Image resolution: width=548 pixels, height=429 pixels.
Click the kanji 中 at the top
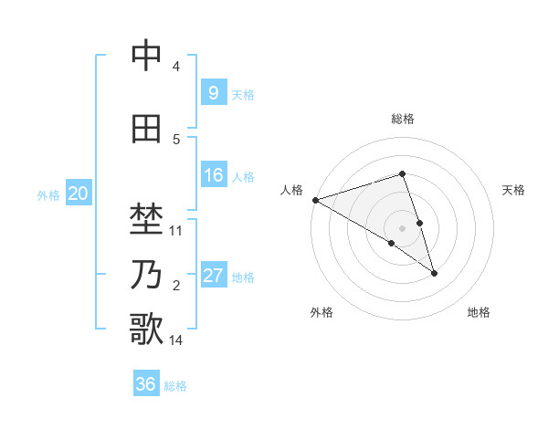(x=146, y=57)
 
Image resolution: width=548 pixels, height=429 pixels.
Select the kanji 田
(x=146, y=129)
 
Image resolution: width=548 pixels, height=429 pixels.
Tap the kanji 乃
(x=146, y=274)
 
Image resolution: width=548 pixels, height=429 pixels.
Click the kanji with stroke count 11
(x=146, y=220)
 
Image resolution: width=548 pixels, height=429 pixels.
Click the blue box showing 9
(x=213, y=92)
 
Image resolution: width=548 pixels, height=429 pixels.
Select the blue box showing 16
(x=213, y=175)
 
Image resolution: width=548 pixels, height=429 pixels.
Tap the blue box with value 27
(x=213, y=276)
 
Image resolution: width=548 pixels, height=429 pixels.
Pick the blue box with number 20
(x=78, y=194)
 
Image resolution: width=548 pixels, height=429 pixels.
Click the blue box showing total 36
(x=146, y=384)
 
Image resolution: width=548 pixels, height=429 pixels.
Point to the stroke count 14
(x=176, y=340)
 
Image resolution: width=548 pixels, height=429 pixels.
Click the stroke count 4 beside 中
(x=176, y=67)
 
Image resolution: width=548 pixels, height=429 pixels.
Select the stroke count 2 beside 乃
(x=176, y=286)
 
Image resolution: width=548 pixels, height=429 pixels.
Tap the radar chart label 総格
(x=402, y=119)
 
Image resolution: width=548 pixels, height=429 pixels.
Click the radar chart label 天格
(x=514, y=190)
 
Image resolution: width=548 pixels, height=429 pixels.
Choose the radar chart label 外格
(x=321, y=312)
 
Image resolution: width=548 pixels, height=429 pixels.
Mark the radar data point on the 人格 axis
(x=315, y=199)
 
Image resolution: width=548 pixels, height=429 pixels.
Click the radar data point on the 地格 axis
(x=434, y=272)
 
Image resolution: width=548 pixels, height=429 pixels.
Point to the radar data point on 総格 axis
(x=402, y=173)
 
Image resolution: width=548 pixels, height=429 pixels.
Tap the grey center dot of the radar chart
(x=402, y=227)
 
